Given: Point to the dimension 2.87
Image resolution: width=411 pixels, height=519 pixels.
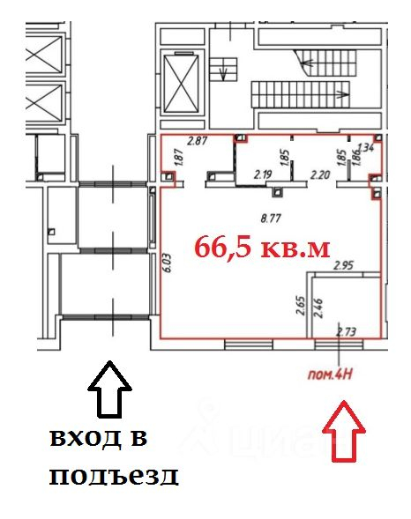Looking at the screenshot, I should (x=198, y=141).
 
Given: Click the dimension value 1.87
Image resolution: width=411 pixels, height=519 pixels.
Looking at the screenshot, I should (x=178, y=159).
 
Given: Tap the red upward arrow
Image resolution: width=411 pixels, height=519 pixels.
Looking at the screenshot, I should (x=344, y=430).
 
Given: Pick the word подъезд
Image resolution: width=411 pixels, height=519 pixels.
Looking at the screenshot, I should (x=114, y=477).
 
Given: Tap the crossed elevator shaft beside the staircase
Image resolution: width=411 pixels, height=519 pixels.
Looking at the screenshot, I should (x=183, y=81).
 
